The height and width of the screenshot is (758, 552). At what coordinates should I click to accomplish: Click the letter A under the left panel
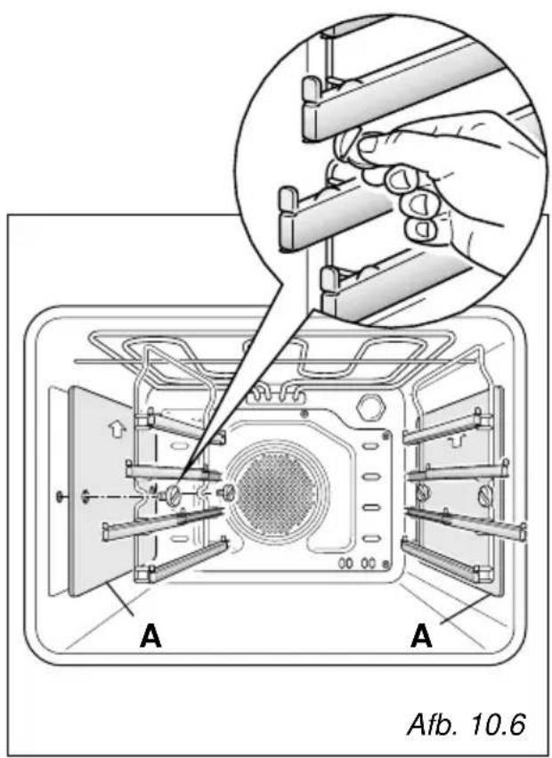point(150,636)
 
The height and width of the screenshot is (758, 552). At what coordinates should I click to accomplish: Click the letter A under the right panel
point(421,636)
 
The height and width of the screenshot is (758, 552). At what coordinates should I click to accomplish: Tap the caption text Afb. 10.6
point(466,725)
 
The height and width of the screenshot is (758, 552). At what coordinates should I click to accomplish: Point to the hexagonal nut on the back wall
point(369,407)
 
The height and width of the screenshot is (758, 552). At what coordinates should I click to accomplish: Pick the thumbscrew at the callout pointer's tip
point(172,494)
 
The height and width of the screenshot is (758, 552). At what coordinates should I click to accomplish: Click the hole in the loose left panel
point(85,495)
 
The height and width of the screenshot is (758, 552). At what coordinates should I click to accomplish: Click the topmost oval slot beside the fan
point(370,445)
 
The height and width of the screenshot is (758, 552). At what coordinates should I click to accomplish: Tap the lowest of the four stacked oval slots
point(370,538)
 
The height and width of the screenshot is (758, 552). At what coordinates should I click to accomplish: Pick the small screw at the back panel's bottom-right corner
point(386,564)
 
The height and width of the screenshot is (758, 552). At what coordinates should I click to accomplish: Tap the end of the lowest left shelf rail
point(144,574)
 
